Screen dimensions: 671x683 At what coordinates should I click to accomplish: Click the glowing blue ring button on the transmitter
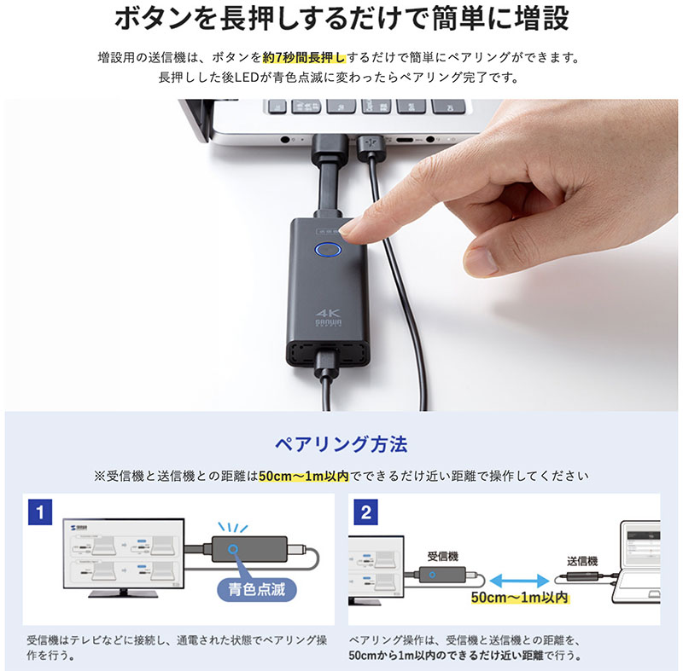pyautogui.click(x=327, y=251)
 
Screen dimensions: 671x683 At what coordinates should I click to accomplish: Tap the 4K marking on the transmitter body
pyautogui.click(x=328, y=313)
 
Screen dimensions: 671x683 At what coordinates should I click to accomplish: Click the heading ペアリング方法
pyautogui.click(x=341, y=444)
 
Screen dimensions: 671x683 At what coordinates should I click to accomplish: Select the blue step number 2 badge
pyautogui.click(x=366, y=512)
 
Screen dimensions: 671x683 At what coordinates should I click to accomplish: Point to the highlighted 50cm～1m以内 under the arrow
pyautogui.click(x=519, y=599)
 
